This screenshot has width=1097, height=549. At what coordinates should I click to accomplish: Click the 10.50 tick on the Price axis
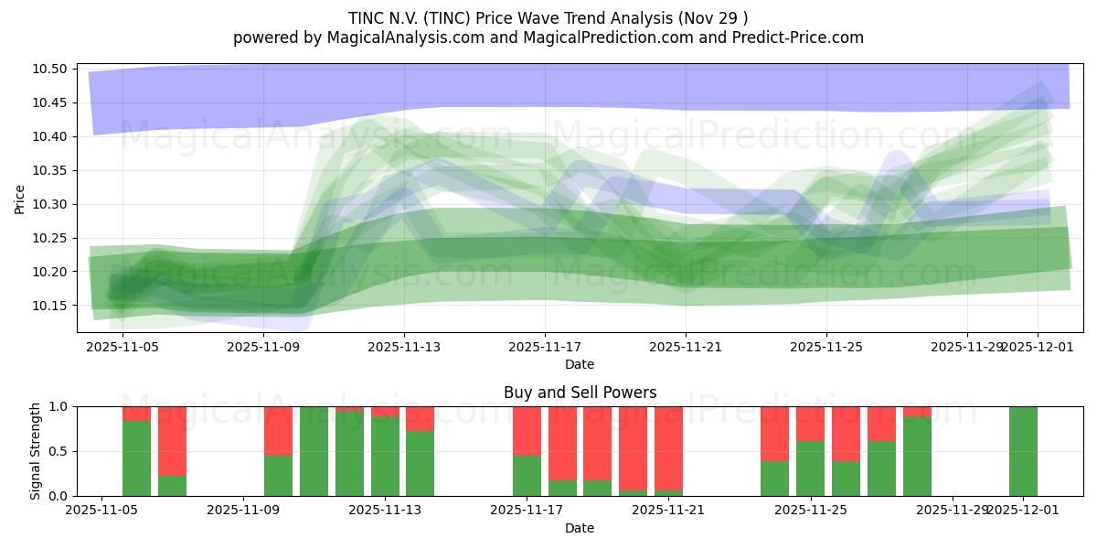pyautogui.click(x=52, y=70)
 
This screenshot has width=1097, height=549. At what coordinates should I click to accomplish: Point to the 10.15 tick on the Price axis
pyautogui.click(x=52, y=306)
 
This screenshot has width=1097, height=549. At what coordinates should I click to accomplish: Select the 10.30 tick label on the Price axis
pyautogui.click(x=52, y=205)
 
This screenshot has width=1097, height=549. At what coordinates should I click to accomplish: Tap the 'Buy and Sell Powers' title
pyautogui.click(x=580, y=393)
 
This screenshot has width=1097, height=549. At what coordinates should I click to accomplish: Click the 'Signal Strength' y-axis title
pyautogui.click(x=36, y=451)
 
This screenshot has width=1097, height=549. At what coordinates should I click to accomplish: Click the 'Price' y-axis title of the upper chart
pyautogui.click(x=20, y=199)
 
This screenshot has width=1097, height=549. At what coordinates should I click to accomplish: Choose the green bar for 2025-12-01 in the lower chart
pyautogui.click(x=1023, y=451)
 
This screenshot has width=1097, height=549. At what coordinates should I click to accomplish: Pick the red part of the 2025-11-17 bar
pyautogui.click(x=527, y=430)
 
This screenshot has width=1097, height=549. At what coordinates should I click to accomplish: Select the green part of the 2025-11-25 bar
pyautogui.click(x=810, y=468)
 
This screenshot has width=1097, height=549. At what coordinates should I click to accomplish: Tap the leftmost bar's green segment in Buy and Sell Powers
pyautogui.click(x=137, y=458)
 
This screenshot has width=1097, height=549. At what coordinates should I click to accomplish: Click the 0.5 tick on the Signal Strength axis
pyautogui.click(x=59, y=451)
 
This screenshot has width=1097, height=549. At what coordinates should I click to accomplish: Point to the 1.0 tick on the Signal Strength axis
pyautogui.click(x=59, y=406)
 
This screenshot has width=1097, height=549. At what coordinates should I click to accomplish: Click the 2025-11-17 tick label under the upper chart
pyautogui.click(x=545, y=348)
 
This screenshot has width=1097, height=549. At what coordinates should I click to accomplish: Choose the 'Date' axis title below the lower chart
pyautogui.click(x=580, y=528)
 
